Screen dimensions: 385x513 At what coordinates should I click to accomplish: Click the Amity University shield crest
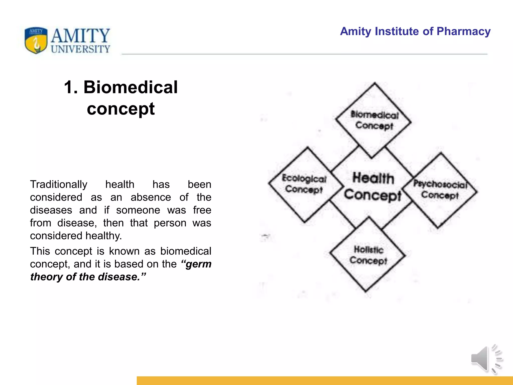36,40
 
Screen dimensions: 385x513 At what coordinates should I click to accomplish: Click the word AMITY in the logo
80,36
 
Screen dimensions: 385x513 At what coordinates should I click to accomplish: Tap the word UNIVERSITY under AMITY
80,49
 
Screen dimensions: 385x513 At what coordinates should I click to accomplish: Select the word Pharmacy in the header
463,32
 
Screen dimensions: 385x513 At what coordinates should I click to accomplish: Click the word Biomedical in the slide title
131,87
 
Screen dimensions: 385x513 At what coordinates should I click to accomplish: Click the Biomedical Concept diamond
374,120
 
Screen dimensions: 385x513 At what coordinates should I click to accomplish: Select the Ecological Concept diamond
305,184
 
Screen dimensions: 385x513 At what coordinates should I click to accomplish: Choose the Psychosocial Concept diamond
440,190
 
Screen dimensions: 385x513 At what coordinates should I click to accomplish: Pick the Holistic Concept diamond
368,255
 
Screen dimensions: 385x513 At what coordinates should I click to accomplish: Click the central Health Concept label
373,187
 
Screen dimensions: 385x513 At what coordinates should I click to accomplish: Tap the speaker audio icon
486,359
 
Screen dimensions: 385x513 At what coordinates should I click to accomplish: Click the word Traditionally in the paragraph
59,184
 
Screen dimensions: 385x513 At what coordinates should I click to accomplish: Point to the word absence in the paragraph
151,197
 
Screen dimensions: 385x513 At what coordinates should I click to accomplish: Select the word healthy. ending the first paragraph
103,236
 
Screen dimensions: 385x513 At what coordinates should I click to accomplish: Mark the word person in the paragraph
170,223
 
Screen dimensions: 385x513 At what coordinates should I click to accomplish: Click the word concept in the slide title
121,109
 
